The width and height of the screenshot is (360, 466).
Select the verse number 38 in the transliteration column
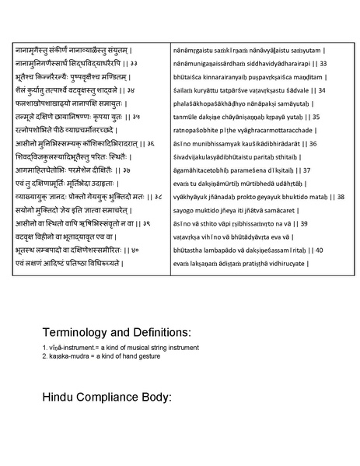341,198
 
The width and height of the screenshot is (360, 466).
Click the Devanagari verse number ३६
149,144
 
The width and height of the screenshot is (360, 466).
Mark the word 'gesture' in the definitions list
147,356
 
